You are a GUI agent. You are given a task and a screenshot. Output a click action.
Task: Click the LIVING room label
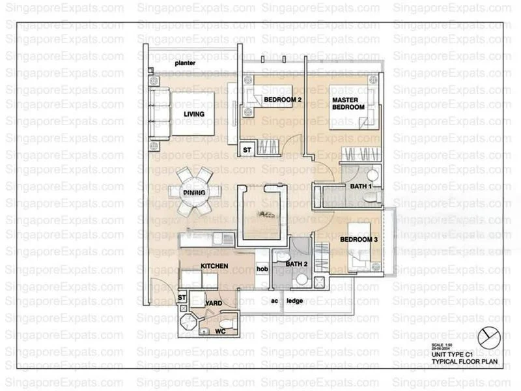(x=193, y=114)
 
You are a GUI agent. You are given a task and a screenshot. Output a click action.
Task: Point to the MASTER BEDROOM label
(x=347, y=104)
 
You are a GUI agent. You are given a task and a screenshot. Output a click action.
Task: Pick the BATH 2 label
(x=296, y=264)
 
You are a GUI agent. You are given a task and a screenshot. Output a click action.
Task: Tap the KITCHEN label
(x=214, y=266)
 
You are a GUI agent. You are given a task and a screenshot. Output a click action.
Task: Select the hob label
(x=262, y=268)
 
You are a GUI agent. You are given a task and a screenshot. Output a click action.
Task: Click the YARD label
(x=213, y=304)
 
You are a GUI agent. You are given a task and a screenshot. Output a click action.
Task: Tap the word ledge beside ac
(x=295, y=300)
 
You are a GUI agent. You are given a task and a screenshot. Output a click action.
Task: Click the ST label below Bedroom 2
(x=247, y=150)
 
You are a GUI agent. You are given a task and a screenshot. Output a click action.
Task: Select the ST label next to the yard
(x=182, y=298)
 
